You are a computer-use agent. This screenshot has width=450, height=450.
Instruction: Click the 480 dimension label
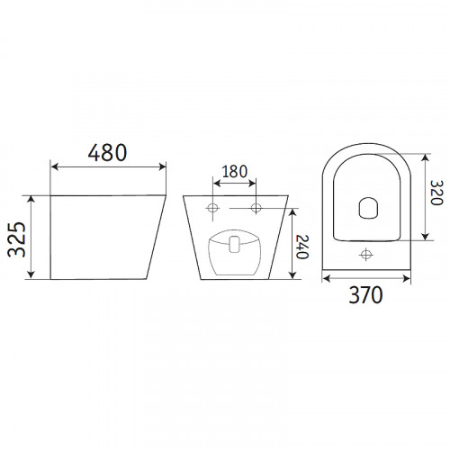pyautogui.click(x=107, y=152)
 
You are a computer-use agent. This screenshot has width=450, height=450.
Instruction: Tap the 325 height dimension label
pyautogui.click(x=16, y=239)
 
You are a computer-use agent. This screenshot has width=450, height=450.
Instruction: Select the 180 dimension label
pyautogui.click(x=235, y=172)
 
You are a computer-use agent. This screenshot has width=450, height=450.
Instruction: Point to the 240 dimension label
pyautogui.click(x=302, y=247)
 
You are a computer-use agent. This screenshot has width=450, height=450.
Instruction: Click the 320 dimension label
pyautogui.click(x=436, y=193)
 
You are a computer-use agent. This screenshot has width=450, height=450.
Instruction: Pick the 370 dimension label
pyautogui.click(x=365, y=295)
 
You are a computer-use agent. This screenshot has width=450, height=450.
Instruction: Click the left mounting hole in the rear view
pyautogui.click(x=213, y=207)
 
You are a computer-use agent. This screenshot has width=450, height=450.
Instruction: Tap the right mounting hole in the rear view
pyautogui.click(x=256, y=207)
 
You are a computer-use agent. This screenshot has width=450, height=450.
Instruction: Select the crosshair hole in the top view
pyautogui.click(x=366, y=255)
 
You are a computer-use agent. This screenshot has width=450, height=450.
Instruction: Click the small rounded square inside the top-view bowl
pyautogui.click(x=368, y=208)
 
